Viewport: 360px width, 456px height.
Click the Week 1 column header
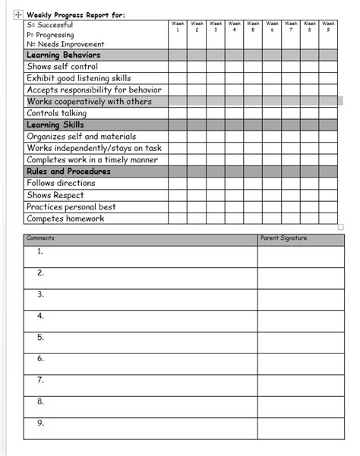click(177, 27)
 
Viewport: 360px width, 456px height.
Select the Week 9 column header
click(328, 27)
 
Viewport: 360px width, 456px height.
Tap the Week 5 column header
click(253, 27)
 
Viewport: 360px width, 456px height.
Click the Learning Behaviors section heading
click(63, 55)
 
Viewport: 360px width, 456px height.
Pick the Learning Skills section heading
click(55, 125)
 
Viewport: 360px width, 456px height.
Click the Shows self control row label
click(62, 67)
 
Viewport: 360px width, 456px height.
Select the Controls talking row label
click(58, 113)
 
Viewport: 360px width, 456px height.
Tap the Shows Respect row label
click(55, 195)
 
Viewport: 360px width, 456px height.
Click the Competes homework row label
click(65, 219)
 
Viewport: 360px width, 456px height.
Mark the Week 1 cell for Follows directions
click(177, 184)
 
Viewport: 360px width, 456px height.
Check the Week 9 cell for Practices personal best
click(328, 206)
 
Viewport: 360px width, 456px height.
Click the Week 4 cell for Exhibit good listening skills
click(234, 78)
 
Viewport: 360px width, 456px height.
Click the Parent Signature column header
click(283, 239)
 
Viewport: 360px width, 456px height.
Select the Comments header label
click(40, 239)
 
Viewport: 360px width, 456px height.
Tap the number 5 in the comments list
click(40, 337)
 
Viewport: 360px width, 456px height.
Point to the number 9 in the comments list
click(40, 423)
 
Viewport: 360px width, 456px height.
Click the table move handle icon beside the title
click(17, 14)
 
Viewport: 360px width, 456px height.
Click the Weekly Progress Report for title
click(75, 14)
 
